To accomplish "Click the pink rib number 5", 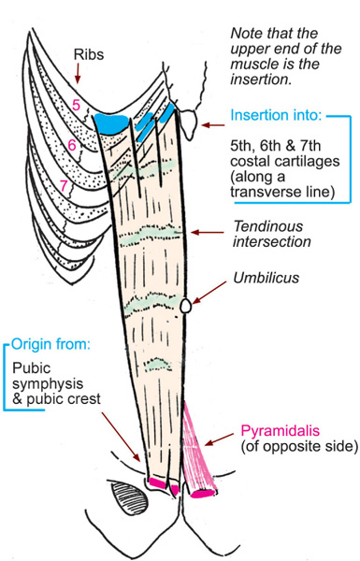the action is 76,105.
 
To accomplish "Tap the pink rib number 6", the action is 72,145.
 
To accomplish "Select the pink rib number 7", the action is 64,186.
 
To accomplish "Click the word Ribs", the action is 89,54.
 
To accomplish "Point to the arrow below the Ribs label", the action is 78,74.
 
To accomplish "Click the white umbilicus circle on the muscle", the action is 185,307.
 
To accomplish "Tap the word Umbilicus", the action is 266,278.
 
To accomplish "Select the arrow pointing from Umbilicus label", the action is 209,293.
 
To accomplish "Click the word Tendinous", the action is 268,226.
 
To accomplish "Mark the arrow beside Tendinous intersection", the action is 208,233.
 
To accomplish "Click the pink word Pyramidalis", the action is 280,430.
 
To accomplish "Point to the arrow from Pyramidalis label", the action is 219,439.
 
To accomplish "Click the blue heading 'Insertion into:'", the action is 276,115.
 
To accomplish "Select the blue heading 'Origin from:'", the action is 50,344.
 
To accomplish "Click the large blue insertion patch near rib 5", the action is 111,123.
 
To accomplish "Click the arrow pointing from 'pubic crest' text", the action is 121,437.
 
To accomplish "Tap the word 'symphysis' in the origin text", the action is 48,384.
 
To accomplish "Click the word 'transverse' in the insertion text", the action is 261,192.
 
